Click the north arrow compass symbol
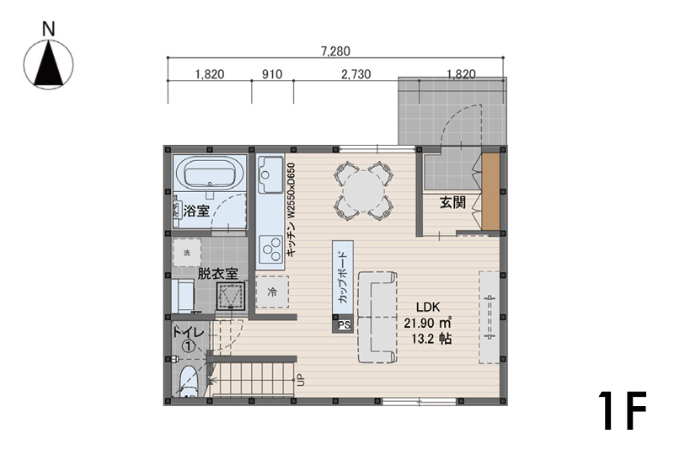click(x=48, y=65)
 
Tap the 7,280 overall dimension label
click(x=335, y=51)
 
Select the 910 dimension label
click(x=272, y=74)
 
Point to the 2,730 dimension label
click(x=356, y=74)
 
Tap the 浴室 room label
click(x=196, y=211)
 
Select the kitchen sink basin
click(x=270, y=175)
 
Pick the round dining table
click(x=363, y=191)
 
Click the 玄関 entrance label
click(x=452, y=201)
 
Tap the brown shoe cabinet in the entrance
click(x=490, y=192)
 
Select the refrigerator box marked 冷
click(x=272, y=292)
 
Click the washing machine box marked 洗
click(x=186, y=253)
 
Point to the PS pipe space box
click(x=343, y=324)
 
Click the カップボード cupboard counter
click(x=343, y=278)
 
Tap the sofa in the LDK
click(x=377, y=317)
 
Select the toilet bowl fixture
click(x=188, y=381)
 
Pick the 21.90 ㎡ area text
click(x=427, y=323)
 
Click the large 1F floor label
click(x=622, y=410)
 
